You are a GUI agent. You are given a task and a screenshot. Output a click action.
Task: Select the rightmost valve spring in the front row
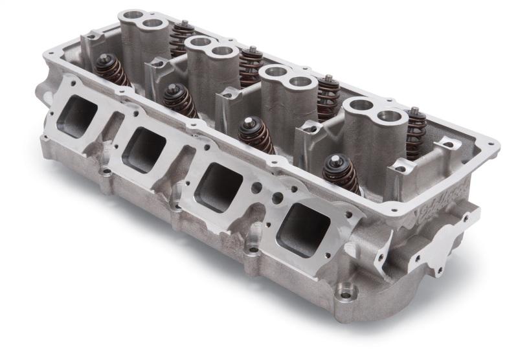341,174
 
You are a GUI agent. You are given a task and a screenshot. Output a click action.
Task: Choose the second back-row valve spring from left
251,65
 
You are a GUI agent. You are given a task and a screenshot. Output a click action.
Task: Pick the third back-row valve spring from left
328,96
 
